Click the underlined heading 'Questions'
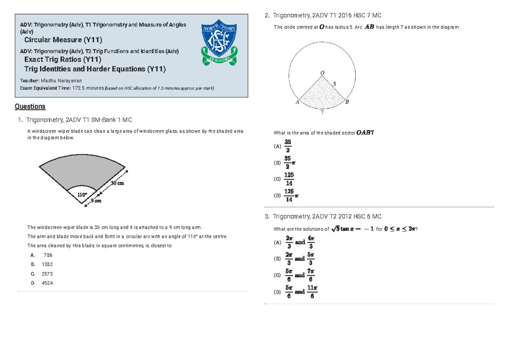(30, 106)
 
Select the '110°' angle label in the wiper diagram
(82, 195)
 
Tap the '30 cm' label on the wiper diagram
(117, 183)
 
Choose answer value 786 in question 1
(48, 255)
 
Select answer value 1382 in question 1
(48, 264)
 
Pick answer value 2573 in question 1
(48, 274)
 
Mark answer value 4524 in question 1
(48, 283)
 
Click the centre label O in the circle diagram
(322, 73)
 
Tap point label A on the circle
(297, 102)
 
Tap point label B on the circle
(347, 102)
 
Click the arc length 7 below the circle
(322, 112)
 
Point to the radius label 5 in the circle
(334, 84)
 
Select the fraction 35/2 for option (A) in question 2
(288, 146)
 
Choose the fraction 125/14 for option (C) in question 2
(289, 179)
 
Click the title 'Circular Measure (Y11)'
(63, 40)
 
